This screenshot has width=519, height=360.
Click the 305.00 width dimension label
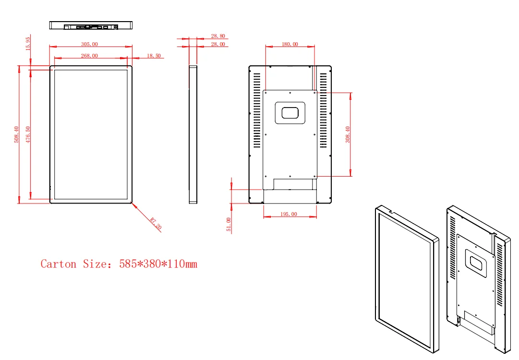pyautogui.click(x=89, y=44)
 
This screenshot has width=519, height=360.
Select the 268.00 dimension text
pyautogui.click(x=89, y=56)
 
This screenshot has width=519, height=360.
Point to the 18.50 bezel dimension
pyautogui.click(x=154, y=56)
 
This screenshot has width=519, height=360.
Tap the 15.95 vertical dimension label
pyautogui.click(x=28, y=44)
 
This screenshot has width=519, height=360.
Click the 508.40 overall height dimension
pyautogui.click(x=16, y=135)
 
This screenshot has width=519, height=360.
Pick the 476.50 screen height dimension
pyautogui.click(x=28, y=135)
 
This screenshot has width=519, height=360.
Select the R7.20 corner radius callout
pyautogui.click(x=156, y=224)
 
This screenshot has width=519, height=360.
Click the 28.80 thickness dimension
pyautogui.click(x=218, y=36)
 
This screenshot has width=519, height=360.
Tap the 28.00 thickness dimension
pyautogui.click(x=218, y=44)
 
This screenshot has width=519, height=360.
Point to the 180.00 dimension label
pyautogui.click(x=290, y=44)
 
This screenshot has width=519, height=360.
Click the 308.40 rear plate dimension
pyautogui.click(x=348, y=134)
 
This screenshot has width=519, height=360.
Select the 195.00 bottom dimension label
pyautogui.click(x=289, y=214)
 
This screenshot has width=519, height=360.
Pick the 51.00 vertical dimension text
pyautogui.click(x=229, y=225)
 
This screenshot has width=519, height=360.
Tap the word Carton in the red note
pyautogui.click(x=58, y=264)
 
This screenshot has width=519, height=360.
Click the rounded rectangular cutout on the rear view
pyautogui.click(x=290, y=112)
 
